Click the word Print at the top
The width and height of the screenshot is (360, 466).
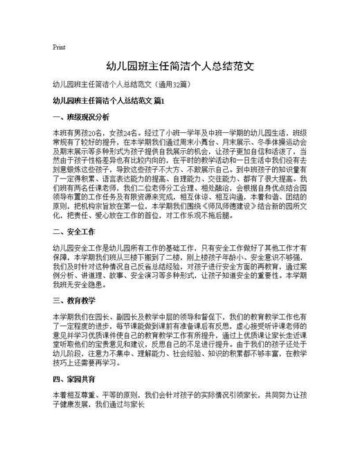tap(59, 48)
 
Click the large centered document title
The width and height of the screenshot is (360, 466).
tap(180, 67)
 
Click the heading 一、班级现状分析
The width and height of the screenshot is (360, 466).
tap(80, 117)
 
